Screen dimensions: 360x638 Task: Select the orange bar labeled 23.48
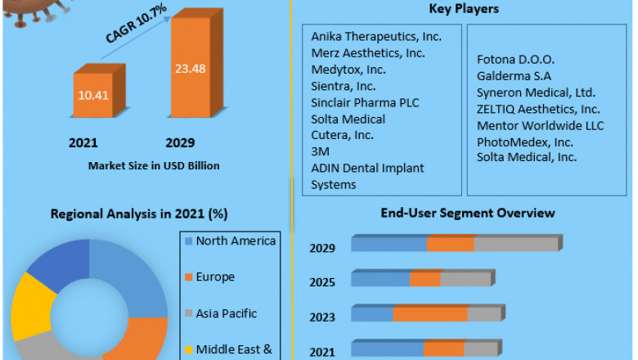(190, 70)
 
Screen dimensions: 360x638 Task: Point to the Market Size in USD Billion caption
(155, 165)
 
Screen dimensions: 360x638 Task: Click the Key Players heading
(464, 9)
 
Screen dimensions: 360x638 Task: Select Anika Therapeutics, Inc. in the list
(376, 37)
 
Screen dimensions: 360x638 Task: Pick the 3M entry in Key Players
(320, 151)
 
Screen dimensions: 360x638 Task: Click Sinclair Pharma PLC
(363, 102)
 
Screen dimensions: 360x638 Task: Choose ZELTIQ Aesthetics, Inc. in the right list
(538, 109)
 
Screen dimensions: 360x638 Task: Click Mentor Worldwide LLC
(540, 125)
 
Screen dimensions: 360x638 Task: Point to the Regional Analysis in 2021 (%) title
(139, 214)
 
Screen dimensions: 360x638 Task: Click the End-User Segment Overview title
(468, 213)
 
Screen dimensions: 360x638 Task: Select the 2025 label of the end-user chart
(321, 282)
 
